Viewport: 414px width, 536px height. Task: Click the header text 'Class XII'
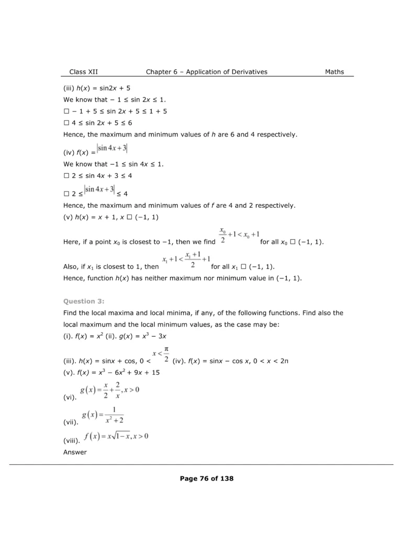click(x=83, y=72)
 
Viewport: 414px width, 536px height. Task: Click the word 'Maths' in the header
click(x=334, y=72)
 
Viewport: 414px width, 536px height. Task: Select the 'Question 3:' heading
click(x=84, y=301)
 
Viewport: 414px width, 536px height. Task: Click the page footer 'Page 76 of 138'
click(x=207, y=478)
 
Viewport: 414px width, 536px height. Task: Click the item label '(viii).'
click(x=72, y=441)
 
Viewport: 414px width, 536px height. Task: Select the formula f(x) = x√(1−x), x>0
click(x=116, y=436)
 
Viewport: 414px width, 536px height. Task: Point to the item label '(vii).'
click(x=71, y=421)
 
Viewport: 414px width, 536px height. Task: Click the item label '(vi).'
click(x=70, y=398)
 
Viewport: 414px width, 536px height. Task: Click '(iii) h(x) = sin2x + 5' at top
click(x=100, y=88)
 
